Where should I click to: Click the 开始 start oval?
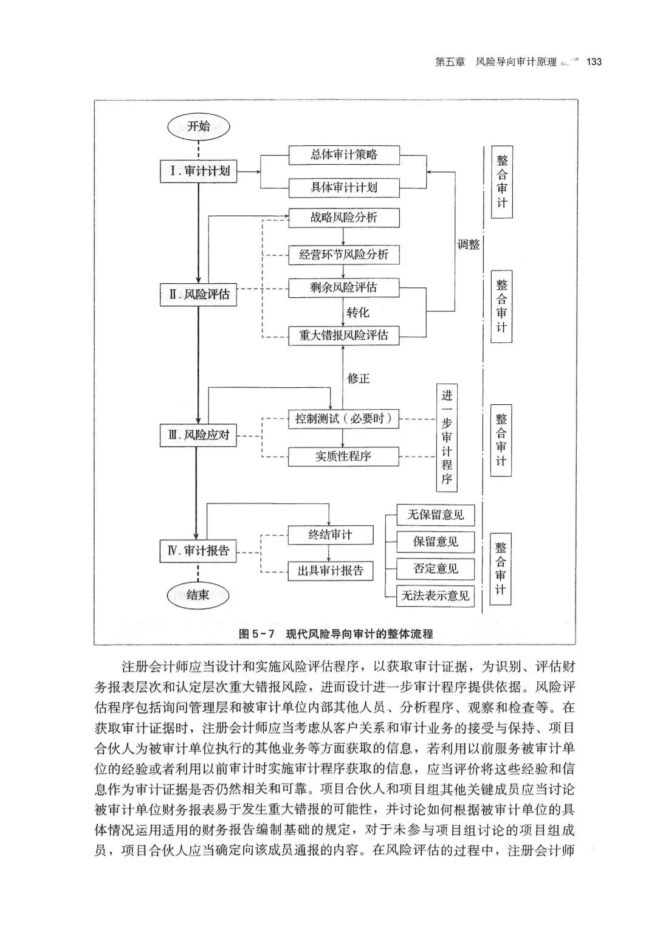[198, 127]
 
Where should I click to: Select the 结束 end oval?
[198, 596]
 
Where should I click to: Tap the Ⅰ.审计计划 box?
[199, 171]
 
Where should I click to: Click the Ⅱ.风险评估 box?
[199, 295]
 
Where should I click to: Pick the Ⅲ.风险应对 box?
[199, 435]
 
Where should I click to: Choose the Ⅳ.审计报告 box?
[199, 551]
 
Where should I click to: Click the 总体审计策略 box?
[344, 155]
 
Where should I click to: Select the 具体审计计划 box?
[344, 188]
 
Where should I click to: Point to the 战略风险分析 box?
[344, 218]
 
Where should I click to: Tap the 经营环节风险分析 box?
[344, 255]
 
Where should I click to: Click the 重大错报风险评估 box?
[344, 336]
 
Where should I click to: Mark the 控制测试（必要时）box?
[344, 419]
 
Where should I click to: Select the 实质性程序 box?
[344, 456]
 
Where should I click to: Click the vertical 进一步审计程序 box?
[447, 438]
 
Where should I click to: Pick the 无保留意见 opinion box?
[435, 515]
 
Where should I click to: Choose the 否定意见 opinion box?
[435, 569]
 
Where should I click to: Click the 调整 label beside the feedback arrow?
[469, 245]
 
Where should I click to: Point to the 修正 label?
[359, 379]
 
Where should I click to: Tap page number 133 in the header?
[593, 62]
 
